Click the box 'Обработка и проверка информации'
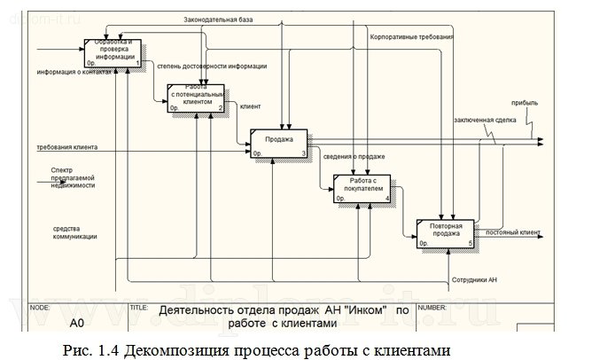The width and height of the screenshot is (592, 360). tap(113, 51)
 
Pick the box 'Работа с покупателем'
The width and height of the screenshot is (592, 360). tap(362, 188)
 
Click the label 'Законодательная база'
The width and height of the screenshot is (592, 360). tap(218, 20)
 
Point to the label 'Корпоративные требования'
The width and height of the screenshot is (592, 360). tap(411, 38)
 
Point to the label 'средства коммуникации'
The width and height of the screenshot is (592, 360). tap(75, 232)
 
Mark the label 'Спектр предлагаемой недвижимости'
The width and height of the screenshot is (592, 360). tap(73, 177)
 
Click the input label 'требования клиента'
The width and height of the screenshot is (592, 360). tap(67, 146)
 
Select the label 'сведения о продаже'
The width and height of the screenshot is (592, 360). tap(354, 156)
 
